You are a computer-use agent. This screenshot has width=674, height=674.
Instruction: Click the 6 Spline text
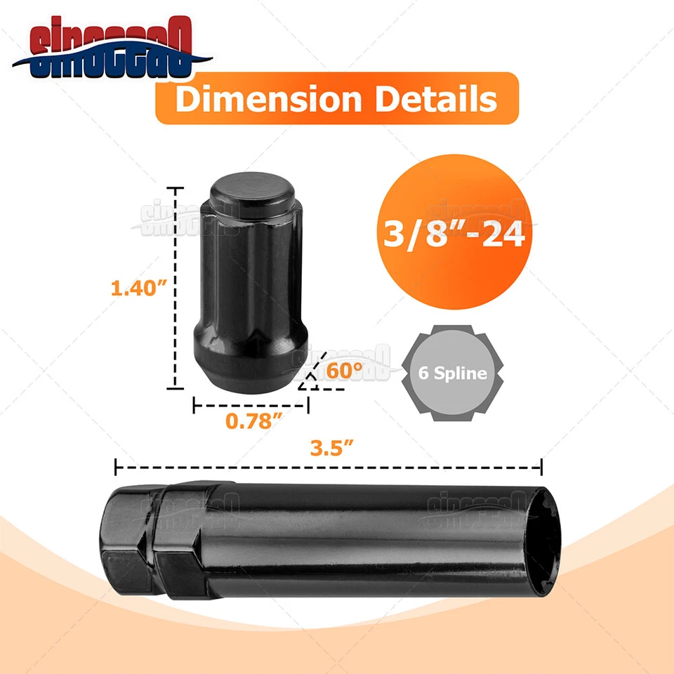[453, 373]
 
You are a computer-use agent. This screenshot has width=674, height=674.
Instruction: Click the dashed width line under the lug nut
[251, 405]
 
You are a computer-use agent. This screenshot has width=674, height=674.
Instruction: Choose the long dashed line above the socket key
[329, 465]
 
